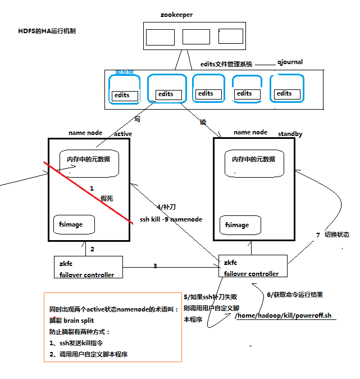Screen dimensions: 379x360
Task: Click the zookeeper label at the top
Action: [x=176, y=15]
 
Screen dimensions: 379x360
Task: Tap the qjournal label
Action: [x=290, y=62]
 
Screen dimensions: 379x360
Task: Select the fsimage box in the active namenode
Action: [x=74, y=225]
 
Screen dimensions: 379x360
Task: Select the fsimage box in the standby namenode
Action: [x=240, y=225]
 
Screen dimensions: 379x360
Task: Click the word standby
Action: [x=290, y=134]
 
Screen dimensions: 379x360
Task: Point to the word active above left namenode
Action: [x=123, y=134]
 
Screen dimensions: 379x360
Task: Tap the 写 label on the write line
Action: [x=137, y=119]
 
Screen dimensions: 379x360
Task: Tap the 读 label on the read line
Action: [x=203, y=121]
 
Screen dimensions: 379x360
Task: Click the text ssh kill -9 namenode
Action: [x=171, y=219]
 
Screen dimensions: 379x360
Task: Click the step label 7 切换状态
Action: [x=332, y=234]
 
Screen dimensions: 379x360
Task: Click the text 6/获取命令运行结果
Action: [x=294, y=295]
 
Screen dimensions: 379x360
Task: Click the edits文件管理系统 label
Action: [x=227, y=64]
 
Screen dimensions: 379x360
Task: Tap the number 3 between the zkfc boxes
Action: [x=155, y=265]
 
